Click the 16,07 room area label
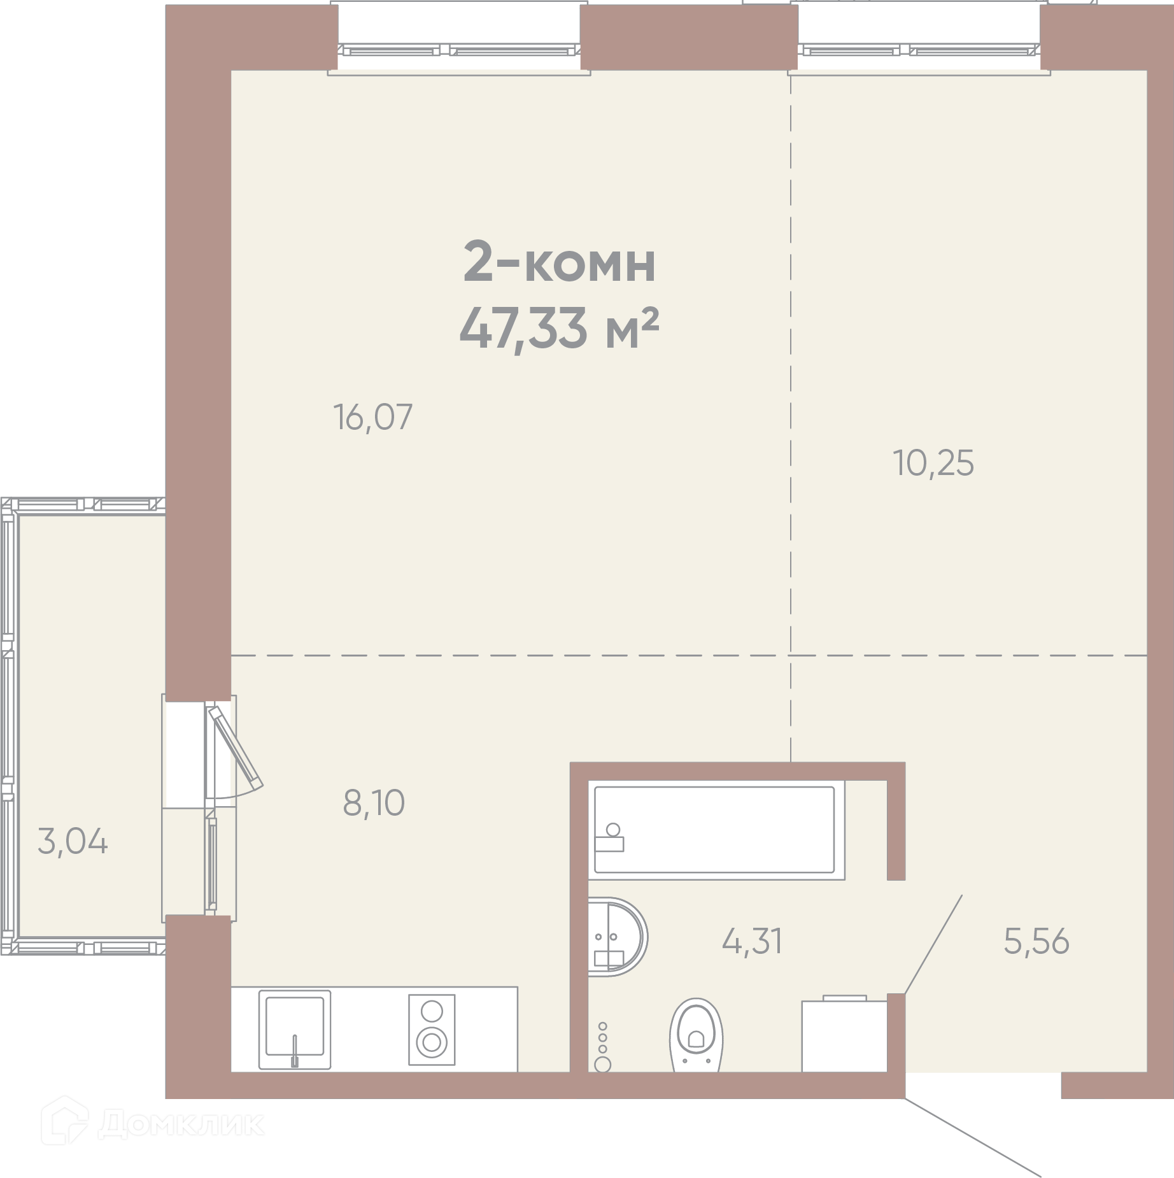373,418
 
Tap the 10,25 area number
933,464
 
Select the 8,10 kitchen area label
374,803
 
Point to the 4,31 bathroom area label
752,941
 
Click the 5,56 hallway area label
1036,941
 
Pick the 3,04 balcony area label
73,842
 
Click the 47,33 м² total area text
558,329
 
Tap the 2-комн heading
559,263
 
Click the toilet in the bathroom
696,1035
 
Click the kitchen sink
295,1029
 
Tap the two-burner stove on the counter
432,1030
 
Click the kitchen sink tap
294,1051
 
